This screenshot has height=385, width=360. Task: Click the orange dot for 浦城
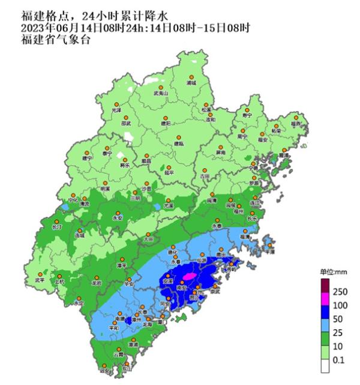pos(191,77)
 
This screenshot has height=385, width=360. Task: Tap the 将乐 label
pos(125,164)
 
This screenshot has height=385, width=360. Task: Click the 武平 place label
pos(40,279)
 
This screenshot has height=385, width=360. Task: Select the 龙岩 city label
pos(97,282)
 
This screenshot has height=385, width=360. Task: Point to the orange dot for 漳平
pos(122,258)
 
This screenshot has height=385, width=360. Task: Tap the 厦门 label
pos(161,321)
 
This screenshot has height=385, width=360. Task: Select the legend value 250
pos(341,291)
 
